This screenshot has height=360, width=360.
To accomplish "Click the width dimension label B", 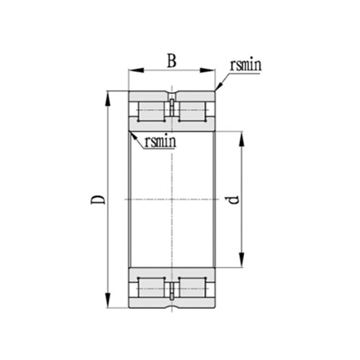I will tap(172, 60).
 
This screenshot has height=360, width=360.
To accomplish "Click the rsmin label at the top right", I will tap(245, 66).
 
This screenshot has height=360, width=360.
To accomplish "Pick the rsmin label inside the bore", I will tap(161, 141).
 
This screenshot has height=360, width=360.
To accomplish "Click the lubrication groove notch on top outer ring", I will tap(172, 94).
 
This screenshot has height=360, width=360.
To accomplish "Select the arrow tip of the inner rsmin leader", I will tap(131, 132).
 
